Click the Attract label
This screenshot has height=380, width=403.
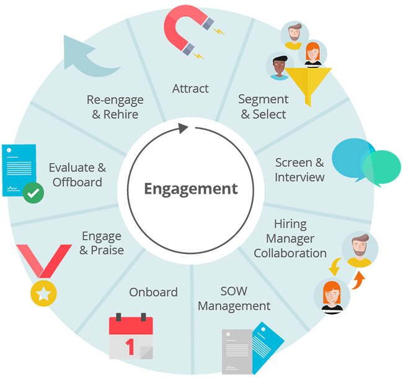click(190, 88)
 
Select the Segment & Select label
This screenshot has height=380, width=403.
click(263, 106)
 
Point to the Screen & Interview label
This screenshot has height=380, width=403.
click(299, 170)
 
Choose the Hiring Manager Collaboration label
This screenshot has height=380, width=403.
click(290, 238)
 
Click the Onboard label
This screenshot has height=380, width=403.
click(153, 292)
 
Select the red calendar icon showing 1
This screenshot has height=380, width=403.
click(130, 337)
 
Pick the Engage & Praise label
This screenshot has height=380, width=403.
click(102, 243)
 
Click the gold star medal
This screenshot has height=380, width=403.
click(43, 290)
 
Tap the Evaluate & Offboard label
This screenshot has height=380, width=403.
click(77, 174)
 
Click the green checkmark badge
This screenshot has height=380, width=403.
click(33, 194)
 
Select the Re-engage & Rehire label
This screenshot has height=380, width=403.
click(115, 106)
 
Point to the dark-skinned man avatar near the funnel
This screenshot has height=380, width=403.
click(279, 66)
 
